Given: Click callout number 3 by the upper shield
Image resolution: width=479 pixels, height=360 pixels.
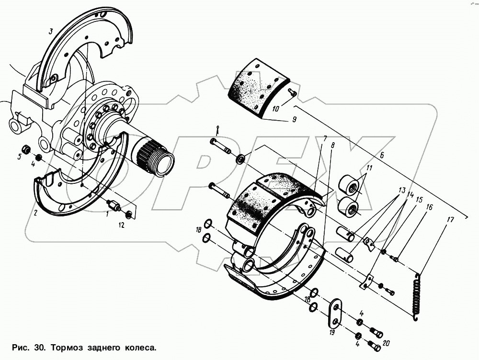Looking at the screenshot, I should pyautogui.click(x=50, y=33).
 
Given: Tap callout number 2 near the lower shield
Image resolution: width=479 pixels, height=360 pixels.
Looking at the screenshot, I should pyautogui.click(x=35, y=213).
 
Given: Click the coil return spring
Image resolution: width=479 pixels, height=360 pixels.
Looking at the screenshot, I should pyautogui.click(x=418, y=295).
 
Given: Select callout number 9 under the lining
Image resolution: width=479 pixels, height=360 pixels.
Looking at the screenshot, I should pyautogui.click(x=294, y=120).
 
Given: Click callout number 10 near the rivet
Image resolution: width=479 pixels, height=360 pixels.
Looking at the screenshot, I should pyautogui.click(x=275, y=109).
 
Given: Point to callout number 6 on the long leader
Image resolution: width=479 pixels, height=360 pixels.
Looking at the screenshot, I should pyautogui.click(x=382, y=155).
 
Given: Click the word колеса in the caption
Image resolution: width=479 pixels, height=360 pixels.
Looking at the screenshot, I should pyautogui.click(x=142, y=347).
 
